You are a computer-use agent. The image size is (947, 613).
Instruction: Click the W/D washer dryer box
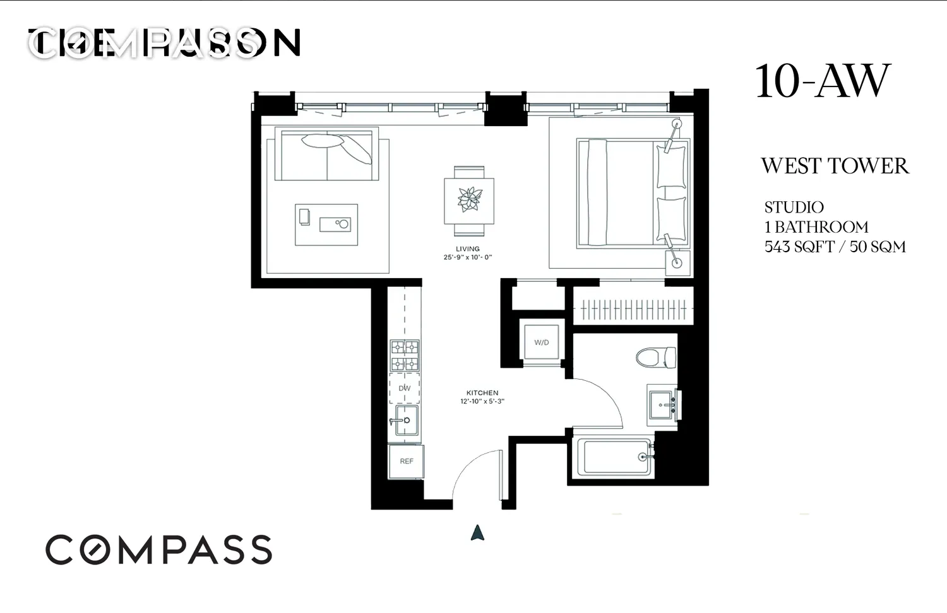(x=541, y=342)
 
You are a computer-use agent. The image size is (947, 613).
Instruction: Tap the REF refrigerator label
(x=407, y=461)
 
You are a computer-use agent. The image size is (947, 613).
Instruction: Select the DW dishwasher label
(x=405, y=388)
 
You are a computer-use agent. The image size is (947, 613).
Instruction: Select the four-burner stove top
(x=405, y=355)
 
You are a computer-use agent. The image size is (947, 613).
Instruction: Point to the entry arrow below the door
(x=477, y=533)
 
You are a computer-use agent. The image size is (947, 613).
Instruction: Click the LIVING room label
(x=468, y=249)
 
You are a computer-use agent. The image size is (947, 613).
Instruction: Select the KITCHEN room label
(x=482, y=393)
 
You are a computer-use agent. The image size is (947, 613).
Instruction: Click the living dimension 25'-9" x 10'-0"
(x=467, y=257)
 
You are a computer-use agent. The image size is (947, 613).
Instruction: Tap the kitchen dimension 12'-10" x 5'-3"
(x=482, y=401)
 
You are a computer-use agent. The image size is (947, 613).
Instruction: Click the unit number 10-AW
(x=822, y=82)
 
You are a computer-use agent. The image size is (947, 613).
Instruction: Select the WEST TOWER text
(x=835, y=166)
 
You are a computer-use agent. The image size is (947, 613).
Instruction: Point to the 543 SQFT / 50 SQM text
(x=835, y=247)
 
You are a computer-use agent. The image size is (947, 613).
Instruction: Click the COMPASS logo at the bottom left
(x=158, y=550)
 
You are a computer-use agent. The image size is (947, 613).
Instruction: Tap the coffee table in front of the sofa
(x=326, y=224)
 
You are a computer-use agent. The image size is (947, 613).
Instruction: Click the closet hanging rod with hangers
(x=633, y=309)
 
